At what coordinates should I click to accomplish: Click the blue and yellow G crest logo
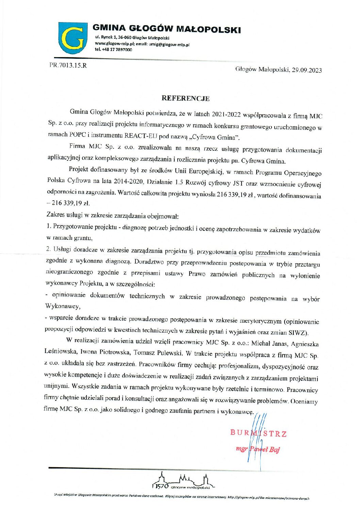(71, 38)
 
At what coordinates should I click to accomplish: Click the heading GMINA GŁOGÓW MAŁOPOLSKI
(166, 29)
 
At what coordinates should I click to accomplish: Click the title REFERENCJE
(185, 99)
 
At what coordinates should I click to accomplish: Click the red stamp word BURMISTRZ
(259, 433)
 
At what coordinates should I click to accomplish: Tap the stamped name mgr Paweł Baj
(258, 449)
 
